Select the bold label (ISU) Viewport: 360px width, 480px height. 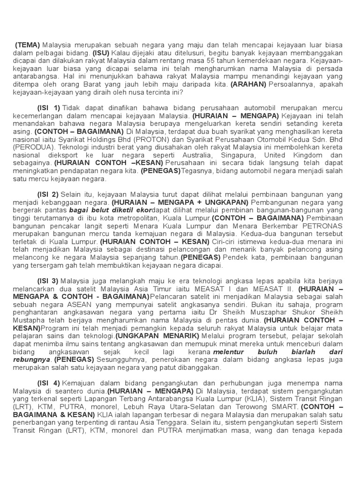[101, 53]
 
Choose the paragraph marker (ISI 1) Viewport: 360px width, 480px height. [48, 107]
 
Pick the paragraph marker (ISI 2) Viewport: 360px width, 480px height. [48, 194]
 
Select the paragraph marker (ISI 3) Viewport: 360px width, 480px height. [48, 281]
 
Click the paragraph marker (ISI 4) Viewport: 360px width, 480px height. [48, 383]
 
